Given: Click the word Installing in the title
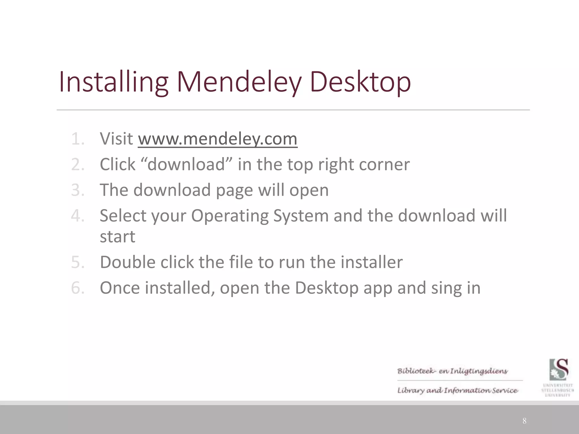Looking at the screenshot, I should [113, 82].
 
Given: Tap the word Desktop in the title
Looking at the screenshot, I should [360, 82].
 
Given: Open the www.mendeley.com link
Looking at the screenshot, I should [217, 139].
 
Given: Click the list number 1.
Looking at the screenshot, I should [77, 139].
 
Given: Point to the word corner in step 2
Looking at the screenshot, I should [384, 164].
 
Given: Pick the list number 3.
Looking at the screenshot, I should [77, 190].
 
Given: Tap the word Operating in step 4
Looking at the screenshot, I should [230, 216].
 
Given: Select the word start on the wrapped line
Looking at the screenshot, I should [117, 236].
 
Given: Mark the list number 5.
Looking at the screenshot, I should [77, 262].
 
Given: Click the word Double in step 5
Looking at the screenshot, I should [128, 262].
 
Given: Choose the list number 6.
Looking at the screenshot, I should [77, 288].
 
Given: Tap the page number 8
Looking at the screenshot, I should [524, 421].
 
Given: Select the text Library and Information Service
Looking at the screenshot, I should [457, 390].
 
